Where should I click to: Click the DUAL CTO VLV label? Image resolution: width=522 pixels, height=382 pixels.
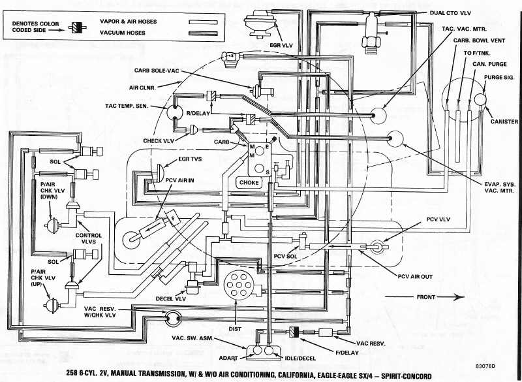tap(450, 13)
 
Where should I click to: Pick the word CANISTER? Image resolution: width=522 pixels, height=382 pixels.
tap(504, 121)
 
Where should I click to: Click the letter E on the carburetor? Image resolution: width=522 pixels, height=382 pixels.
tap(268, 148)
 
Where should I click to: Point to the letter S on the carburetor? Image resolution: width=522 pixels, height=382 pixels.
tap(267, 170)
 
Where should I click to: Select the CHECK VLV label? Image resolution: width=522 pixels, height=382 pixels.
tap(160, 140)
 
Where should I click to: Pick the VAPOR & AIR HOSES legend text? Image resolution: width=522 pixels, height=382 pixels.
tap(128, 21)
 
